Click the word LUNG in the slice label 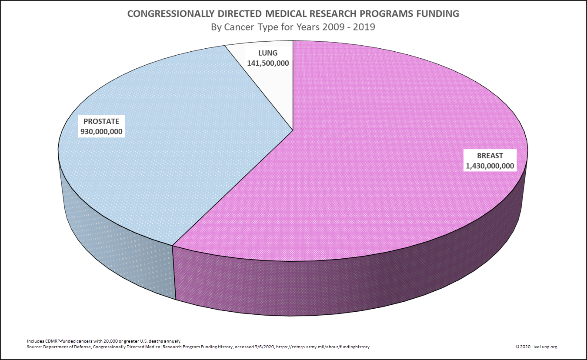[x=268, y=53]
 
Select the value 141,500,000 [x=268, y=63]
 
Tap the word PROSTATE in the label [x=102, y=121]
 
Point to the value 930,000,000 [x=102, y=131]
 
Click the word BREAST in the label [x=490, y=156]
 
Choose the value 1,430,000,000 [x=490, y=166]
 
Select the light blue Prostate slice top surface [x=152, y=174]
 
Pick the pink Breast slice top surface [x=348, y=174]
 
